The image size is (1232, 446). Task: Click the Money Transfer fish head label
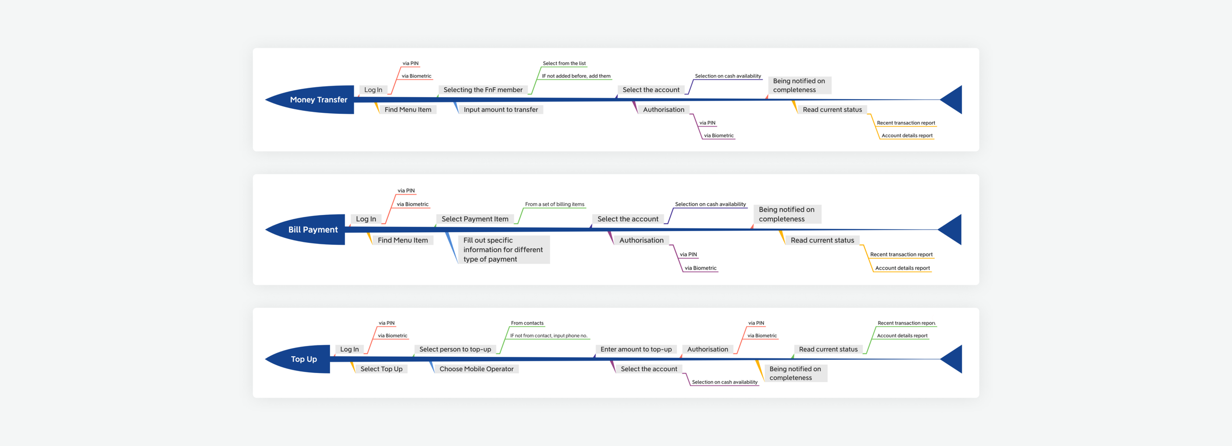tap(318, 100)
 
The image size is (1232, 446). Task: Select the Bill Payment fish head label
tap(313, 230)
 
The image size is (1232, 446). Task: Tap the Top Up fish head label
tap(304, 359)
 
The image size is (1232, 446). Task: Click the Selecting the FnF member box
tap(483, 90)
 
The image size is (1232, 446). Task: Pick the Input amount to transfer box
tap(501, 109)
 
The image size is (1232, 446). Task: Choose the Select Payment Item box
tap(475, 219)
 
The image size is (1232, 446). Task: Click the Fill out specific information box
tap(503, 249)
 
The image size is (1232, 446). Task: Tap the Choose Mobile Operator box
tap(476, 369)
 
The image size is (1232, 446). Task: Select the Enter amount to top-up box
tap(636, 349)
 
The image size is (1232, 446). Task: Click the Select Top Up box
tap(381, 369)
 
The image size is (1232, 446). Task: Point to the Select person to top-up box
tap(455, 349)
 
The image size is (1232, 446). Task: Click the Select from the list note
tap(564, 64)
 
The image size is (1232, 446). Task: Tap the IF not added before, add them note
tap(576, 76)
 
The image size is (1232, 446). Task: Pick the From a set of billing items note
tap(554, 204)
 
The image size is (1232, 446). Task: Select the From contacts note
tap(527, 323)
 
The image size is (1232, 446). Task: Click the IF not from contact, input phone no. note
tap(548, 336)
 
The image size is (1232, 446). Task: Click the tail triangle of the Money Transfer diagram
tap(954, 100)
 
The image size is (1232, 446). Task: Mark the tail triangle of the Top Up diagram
tap(954, 359)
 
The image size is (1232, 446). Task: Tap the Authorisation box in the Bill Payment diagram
tap(641, 240)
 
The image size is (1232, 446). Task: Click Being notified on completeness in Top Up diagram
tap(795, 373)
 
